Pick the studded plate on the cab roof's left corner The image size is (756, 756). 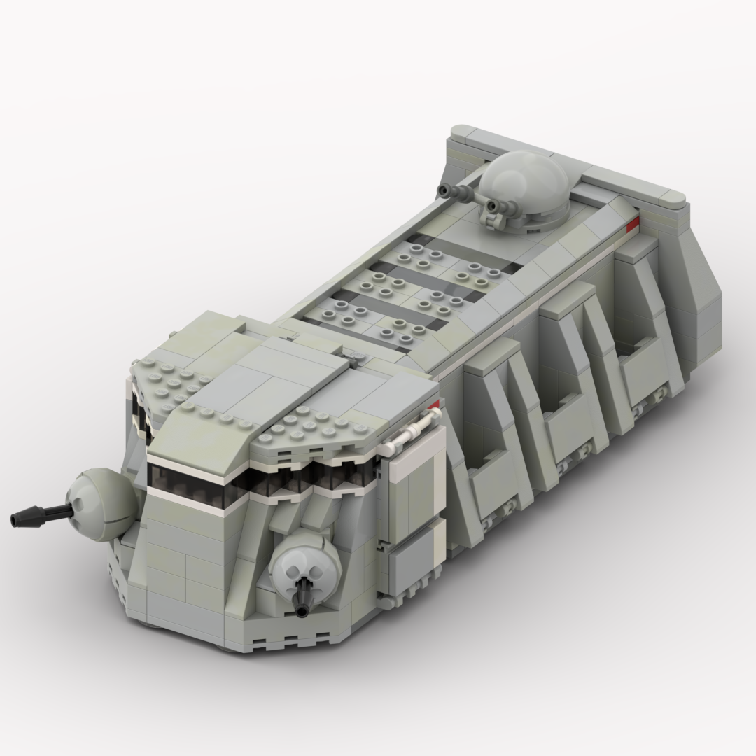(168, 378)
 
